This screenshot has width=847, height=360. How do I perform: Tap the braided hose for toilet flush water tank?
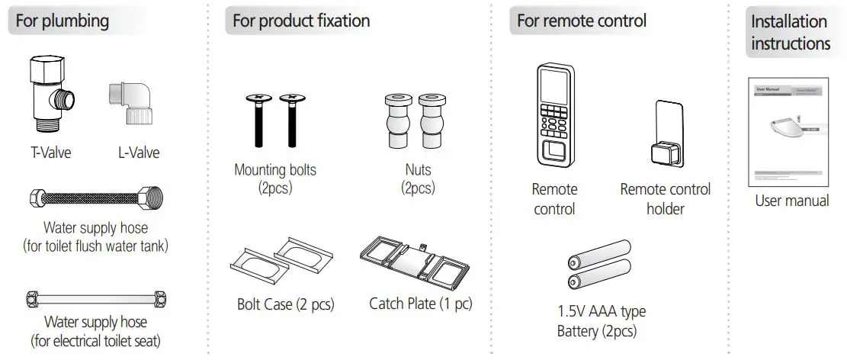(x=96, y=202)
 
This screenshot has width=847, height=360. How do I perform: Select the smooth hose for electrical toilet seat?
(x=96, y=298)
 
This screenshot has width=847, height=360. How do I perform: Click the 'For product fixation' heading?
(x=301, y=21)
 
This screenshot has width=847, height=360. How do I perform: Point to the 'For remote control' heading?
(x=581, y=21)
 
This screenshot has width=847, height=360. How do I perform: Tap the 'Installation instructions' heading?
(x=790, y=33)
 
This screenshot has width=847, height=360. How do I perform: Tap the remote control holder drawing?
(x=664, y=137)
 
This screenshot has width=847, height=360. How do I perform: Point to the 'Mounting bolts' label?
(x=274, y=170)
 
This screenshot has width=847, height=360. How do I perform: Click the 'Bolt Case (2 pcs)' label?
(x=284, y=305)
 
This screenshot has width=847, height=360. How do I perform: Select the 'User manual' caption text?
(x=791, y=201)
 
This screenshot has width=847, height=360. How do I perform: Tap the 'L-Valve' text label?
(x=139, y=153)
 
